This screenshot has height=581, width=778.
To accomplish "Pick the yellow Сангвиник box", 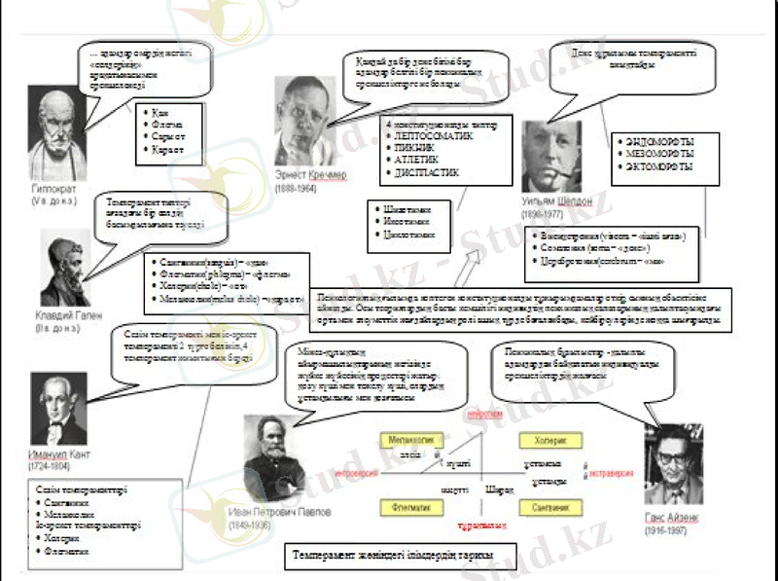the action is pos(550,507).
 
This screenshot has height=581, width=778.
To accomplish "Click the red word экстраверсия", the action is pos(611,472).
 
